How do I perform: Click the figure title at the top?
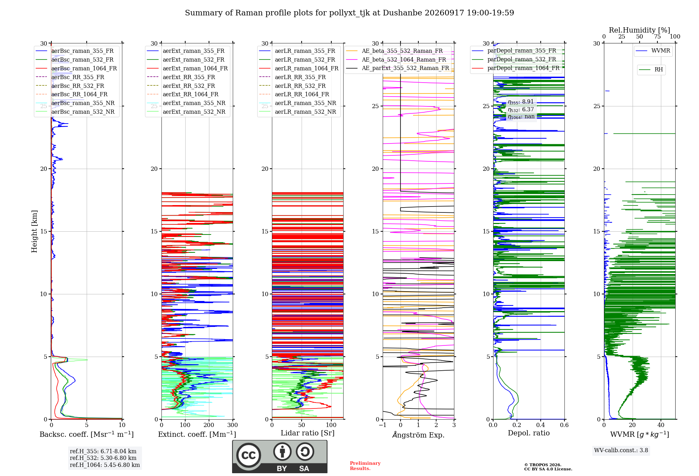349,13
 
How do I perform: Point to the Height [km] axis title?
34,231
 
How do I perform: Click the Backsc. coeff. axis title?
87,434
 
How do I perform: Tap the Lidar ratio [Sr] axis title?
308,433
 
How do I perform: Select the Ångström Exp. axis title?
418,435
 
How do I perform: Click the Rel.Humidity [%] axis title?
640,30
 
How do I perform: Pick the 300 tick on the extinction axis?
232,425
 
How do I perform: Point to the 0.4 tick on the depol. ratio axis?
541,425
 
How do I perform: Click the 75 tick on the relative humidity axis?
657,37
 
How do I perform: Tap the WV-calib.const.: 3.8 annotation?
621,450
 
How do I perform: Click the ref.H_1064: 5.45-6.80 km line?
105,465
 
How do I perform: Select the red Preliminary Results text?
365,466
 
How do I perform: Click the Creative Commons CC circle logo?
249,455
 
